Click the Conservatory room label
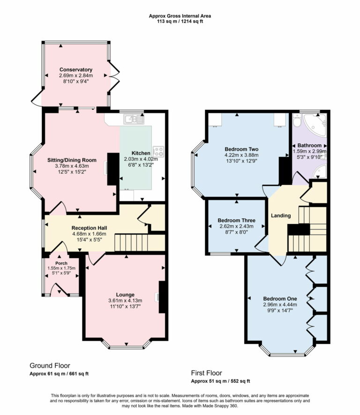76,70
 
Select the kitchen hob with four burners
157,151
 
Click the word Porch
61,263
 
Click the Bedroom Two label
242,149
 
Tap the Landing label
281,215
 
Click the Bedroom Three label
236,220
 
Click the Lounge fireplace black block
162,297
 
